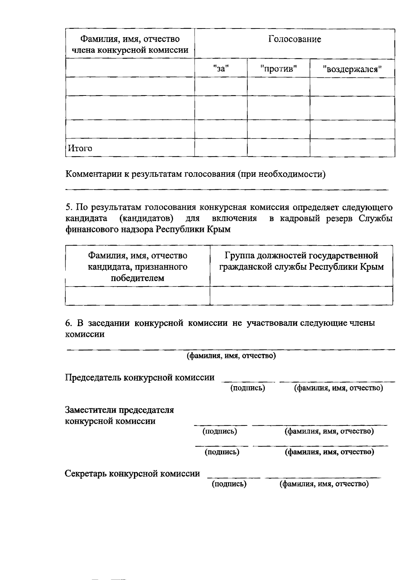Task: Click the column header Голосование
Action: click(294, 39)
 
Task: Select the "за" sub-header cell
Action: click(221, 68)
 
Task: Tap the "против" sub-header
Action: click(278, 68)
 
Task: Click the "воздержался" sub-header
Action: click(352, 69)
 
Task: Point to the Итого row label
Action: click(80, 148)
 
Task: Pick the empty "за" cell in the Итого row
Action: click(221, 148)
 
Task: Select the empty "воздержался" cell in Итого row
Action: click(352, 148)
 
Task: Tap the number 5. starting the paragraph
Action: click(69, 208)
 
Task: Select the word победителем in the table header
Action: click(137, 278)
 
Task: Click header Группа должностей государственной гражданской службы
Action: click(301, 262)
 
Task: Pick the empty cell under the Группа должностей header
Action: click(301, 296)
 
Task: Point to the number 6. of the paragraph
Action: click(68, 323)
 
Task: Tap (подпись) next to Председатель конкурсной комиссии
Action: click(248, 388)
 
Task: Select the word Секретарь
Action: click(86, 473)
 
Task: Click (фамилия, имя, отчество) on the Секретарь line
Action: click(324, 484)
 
